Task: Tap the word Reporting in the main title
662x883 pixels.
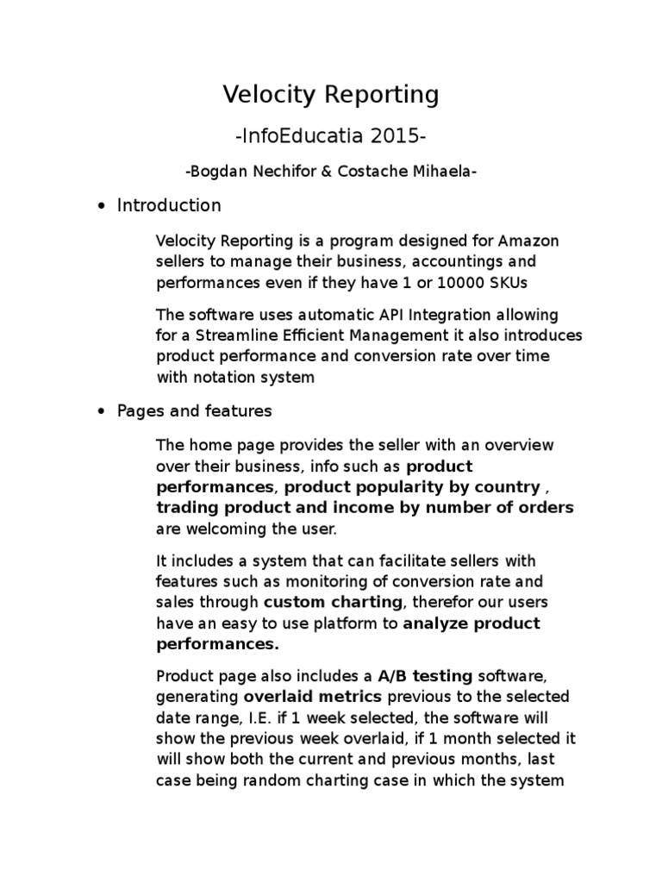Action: coord(381,95)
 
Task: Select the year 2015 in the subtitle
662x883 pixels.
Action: coord(401,136)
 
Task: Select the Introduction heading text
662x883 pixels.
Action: coord(169,205)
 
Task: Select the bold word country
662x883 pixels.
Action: coord(510,486)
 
